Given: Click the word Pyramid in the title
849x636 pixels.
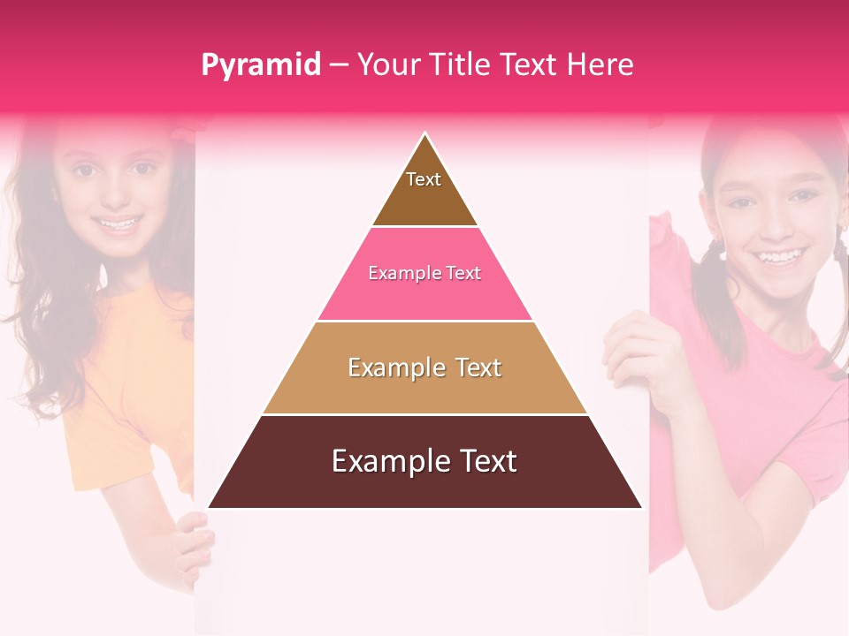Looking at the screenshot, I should point(260,65).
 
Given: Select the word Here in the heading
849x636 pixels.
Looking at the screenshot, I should point(600,65).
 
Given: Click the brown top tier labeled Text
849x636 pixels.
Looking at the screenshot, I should point(424,190).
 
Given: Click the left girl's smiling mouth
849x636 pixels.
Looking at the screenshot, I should point(119,224).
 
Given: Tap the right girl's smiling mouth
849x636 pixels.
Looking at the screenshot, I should point(777,258).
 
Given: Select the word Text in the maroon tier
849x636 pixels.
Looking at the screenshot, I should point(482,461).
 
